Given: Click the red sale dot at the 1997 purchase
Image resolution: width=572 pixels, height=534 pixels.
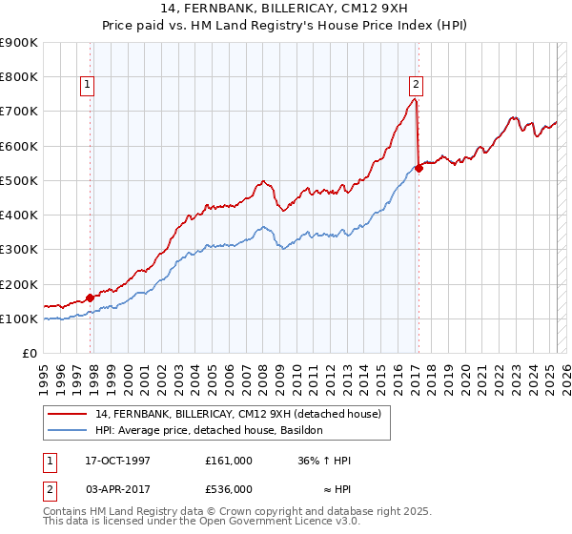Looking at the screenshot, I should click(91, 298).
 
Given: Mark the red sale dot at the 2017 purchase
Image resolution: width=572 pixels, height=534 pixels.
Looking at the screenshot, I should click(419, 169).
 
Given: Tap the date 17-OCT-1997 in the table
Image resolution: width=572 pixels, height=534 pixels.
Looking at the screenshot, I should click(111, 461).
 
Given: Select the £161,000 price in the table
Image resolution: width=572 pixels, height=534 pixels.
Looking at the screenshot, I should click(229, 461).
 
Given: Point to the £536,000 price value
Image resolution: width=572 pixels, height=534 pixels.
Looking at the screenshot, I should click(229, 489).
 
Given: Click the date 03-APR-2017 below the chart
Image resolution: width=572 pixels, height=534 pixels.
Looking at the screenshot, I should click(111, 489).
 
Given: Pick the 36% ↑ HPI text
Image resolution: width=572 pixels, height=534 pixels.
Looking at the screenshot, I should click(325, 461).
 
